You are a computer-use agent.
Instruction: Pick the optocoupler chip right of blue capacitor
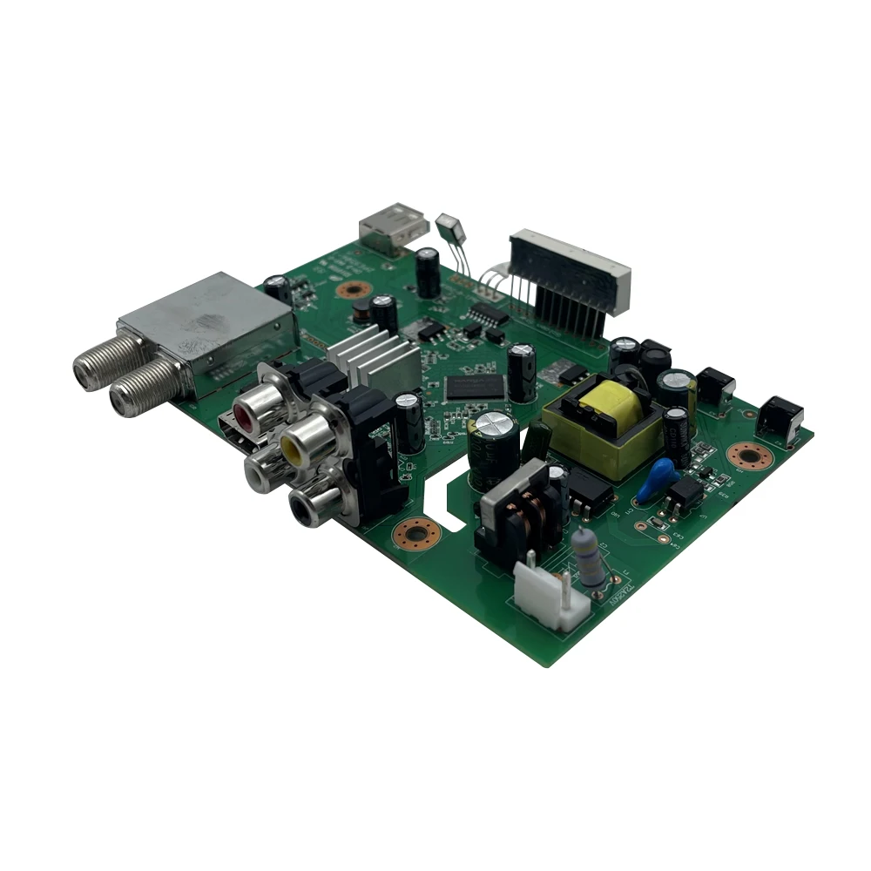pyautogui.click(x=685, y=495)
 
